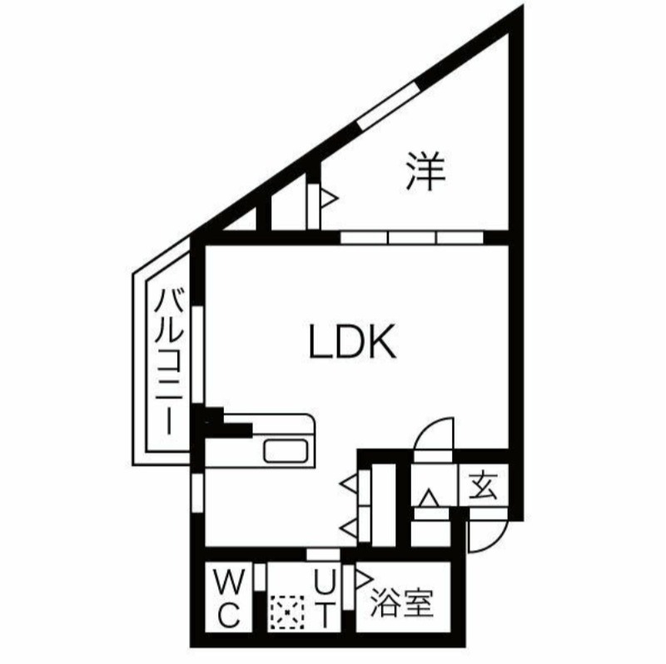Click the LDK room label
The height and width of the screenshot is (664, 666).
(x=352, y=342)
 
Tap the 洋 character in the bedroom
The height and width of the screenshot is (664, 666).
(x=425, y=171)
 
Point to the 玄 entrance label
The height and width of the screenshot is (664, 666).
(x=484, y=484)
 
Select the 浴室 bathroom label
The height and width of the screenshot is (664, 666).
(x=402, y=602)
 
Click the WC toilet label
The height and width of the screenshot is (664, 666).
(x=229, y=599)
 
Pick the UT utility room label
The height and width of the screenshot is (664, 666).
(x=325, y=599)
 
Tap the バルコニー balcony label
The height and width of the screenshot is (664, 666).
(x=169, y=361)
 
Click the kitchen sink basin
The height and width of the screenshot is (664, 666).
(x=286, y=451)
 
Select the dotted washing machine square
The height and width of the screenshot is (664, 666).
(x=287, y=612)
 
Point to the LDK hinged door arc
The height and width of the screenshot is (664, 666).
(x=433, y=434)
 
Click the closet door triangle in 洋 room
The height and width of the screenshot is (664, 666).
(x=329, y=198)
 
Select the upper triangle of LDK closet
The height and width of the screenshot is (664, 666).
(x=349, y=484)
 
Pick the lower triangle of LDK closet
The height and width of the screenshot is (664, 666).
(x=349, y=528)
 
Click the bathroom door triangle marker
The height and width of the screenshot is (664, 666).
(x=364, y=578)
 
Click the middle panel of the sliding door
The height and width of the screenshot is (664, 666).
(x=412, y=237)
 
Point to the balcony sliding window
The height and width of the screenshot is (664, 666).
(x=197, y=354)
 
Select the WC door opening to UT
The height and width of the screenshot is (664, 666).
(x=260, y=577)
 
